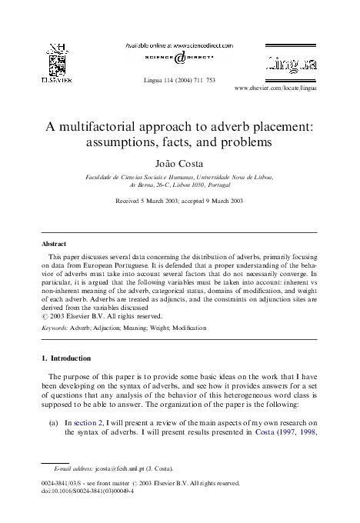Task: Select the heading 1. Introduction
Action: [71, 358]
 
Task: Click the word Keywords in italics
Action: [55, 328]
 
